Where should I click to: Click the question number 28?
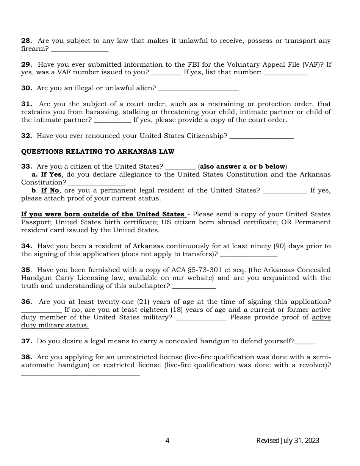pyautogui.click(x=27, y=41)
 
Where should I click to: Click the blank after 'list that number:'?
pyautogui.click(x=285, y=73)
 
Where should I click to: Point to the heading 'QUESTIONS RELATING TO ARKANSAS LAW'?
pyautogui.click(x=97, y=152)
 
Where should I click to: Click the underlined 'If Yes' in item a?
pyautogui.click(x=51, y=175)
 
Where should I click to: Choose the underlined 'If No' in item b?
pyautogui.click(x=50, y=191)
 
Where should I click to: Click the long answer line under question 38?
pyautogui.click(x=80, y=374)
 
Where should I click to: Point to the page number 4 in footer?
pyautogui.click(x=167, y=441)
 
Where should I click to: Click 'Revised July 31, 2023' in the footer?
pyautogui.click(x=288, y=441)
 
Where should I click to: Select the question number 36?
pyautogui.click(x=27, y=302)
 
